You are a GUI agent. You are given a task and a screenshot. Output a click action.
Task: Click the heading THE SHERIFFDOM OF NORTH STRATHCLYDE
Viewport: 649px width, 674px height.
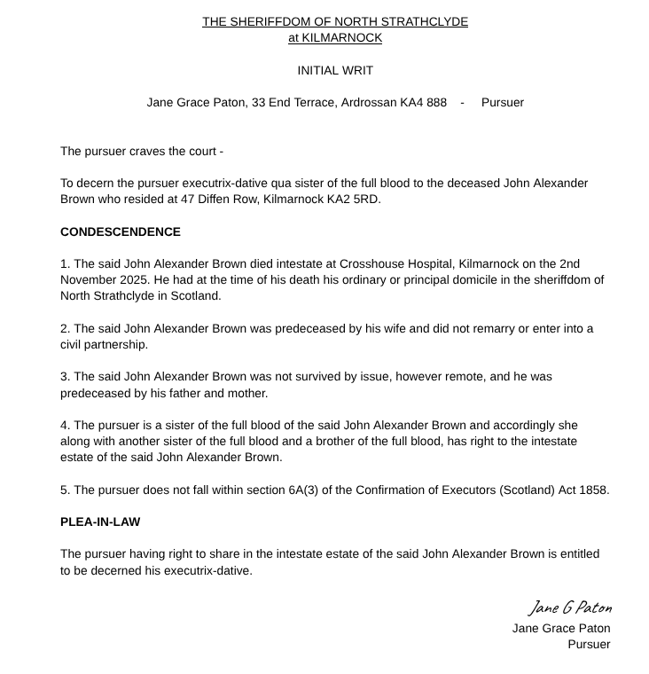tap(335, 21)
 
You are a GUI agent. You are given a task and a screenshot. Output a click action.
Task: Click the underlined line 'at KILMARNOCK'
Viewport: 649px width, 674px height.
tap(335, 37)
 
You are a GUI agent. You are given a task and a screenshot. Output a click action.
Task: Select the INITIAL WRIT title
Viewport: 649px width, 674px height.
tap(335, 70)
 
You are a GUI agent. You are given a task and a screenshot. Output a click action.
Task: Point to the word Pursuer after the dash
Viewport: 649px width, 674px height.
tap(503, 102)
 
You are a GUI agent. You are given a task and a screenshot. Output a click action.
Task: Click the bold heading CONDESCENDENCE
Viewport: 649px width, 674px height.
tap(121, 231)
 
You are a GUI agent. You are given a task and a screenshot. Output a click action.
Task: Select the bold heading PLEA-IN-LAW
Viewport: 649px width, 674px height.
tap(100, 521)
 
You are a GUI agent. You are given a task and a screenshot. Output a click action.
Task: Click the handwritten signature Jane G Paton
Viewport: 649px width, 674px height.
tap(569, 608)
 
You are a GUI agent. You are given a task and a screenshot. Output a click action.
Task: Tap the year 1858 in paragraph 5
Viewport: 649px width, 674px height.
tap(593, 490)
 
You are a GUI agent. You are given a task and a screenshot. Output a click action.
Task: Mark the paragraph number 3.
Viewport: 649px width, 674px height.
tap(64, 376)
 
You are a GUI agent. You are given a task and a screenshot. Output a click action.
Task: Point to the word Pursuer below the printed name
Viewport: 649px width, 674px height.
tap(589, 644)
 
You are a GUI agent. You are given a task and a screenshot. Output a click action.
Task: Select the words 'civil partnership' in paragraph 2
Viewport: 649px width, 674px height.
tap(104, 344)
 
